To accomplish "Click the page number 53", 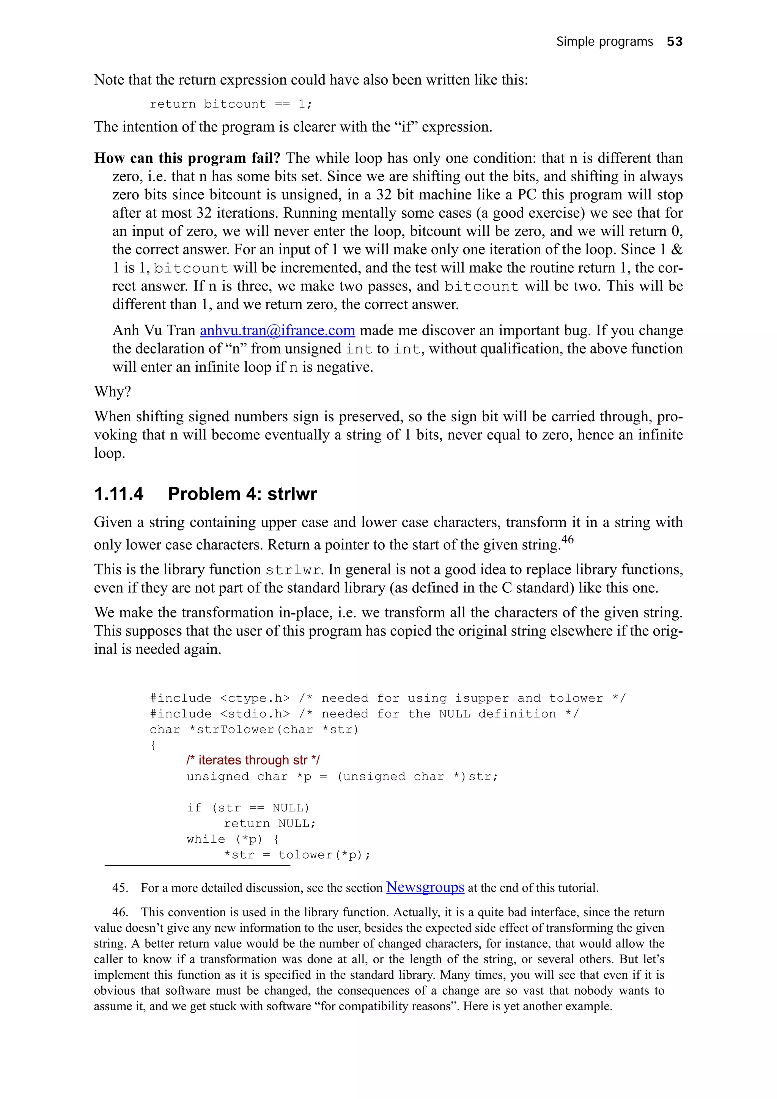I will pos(674,42).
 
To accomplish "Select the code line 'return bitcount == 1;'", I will pos(231,104).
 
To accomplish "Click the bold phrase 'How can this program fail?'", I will pos(187,158).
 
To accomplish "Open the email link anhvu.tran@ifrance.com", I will pos(277,330).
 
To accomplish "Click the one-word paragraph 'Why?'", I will pos(113,391).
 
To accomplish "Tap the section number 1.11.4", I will pos(119,493).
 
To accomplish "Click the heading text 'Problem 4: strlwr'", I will pos(242,493).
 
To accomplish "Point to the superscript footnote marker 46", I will pos(567,539).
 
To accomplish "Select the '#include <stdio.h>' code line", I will pos(220,714).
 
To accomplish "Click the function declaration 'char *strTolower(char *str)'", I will pos(254,730).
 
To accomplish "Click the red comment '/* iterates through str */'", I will pos(253,760).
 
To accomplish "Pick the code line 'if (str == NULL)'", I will pos(248,808).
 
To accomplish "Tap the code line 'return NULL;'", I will pos(269,823).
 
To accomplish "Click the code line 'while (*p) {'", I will pos(233,839).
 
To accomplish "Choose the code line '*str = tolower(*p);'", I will pos(297,855).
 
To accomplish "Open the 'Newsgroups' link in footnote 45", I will pos(425,887).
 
